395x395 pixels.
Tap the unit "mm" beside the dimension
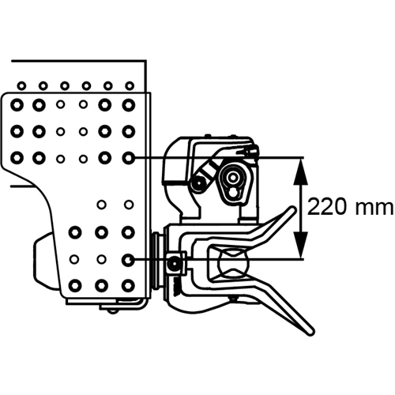click(374, 209)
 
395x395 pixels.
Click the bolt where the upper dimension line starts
click(129, 158)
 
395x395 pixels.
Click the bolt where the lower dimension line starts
click(128, 260)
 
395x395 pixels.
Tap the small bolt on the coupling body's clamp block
click(174, 264)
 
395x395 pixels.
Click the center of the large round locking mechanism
click(233, 178)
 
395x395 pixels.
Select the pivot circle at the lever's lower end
click(198, 182)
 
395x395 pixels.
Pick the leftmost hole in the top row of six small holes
click(21, 85)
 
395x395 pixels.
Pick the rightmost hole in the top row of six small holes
click(130, 85)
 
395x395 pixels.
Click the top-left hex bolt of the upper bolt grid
click(17, 105)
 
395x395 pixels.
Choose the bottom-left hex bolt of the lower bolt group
click(75, 285)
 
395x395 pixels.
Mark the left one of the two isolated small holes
click(102, 205)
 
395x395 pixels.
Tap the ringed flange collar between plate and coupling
click(157, 260)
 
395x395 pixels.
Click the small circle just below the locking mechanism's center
click(233, 193)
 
